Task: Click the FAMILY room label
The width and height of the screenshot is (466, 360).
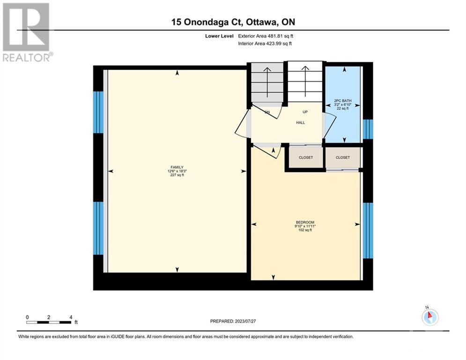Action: point(177,167)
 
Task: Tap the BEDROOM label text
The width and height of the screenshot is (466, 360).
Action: point(305,222)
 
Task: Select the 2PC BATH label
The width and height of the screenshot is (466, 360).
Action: point(343,101)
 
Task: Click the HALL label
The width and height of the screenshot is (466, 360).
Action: point(301,123)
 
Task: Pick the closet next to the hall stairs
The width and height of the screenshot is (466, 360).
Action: point(306,157)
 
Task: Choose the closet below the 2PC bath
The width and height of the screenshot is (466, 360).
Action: point(343,157)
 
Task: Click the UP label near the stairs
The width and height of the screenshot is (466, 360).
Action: point(305,112)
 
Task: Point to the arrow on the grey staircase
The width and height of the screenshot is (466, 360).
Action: point(267,82)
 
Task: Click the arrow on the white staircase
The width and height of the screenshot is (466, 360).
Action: point(305,81)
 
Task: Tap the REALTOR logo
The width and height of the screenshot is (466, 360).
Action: point(26,32)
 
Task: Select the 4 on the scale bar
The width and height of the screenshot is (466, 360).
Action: point(71,317)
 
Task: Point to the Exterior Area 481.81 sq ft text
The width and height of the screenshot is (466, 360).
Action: point(266,36)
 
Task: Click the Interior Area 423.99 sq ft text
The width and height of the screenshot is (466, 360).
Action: point(265,44)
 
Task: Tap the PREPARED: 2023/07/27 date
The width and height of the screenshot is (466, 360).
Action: point(233,321)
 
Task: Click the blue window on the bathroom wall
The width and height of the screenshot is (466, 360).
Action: point(368,129)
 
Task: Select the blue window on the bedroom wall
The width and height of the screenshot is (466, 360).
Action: point(368,231)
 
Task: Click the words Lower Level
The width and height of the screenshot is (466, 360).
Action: point(219,36)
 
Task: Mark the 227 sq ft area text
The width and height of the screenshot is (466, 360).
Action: point(177,175)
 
